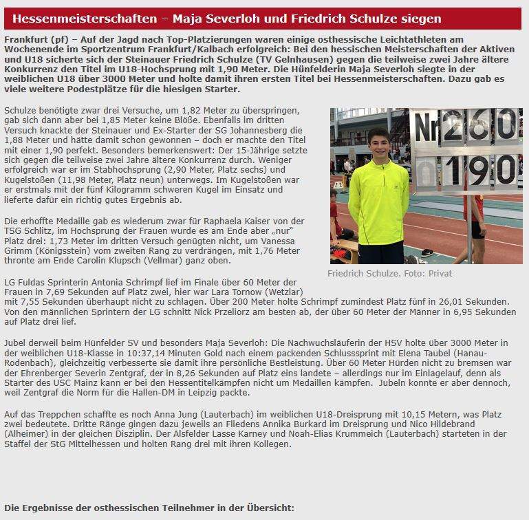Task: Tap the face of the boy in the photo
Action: coord(378,144)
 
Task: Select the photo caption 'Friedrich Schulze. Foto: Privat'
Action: coord(380,273)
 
